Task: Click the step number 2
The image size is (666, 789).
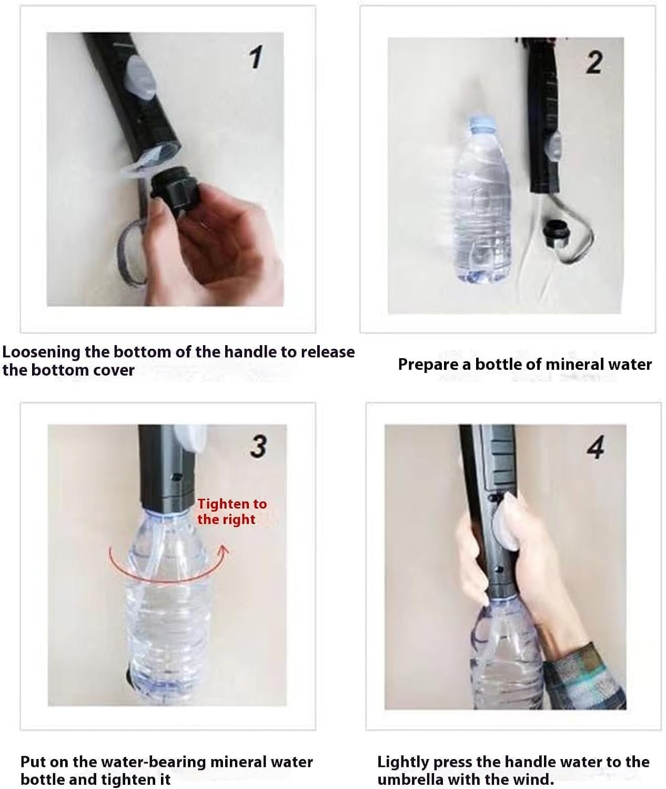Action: (594, 63)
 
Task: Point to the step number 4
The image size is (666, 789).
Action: (596, 448)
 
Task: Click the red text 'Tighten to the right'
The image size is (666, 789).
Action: (231, 511)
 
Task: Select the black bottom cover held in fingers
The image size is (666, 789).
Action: (174, 187)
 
